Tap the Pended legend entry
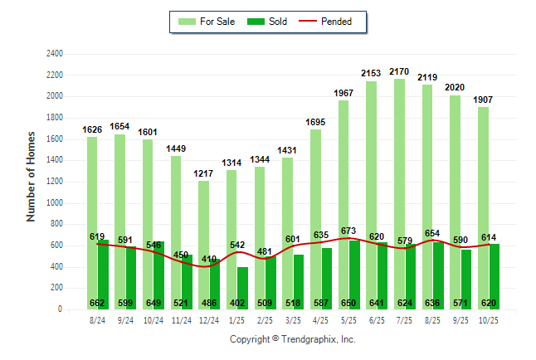tap(333, 22)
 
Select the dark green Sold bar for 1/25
tap(241, 282)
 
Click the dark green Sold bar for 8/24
tap(103, 265)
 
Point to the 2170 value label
tap(399, 73)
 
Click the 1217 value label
tap(203, 174)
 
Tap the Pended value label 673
tap(348, 231)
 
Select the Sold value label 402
tap(237, 303)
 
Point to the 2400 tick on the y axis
tap(54, 53)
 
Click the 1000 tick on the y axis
tap(54, 202)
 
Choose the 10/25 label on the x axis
tap(489, 320)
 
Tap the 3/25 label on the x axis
tap(293, 320)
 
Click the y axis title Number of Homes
tap(32, 176)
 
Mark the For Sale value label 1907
tap(483, 100)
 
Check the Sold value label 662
tap(98, 303)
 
